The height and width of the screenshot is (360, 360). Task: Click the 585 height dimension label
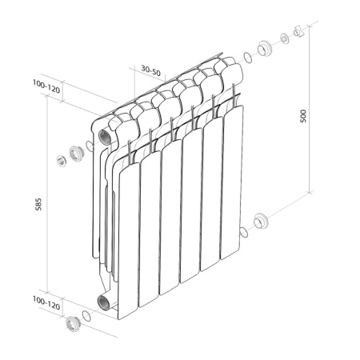[38, 204]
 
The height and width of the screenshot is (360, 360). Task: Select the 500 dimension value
[302, 114]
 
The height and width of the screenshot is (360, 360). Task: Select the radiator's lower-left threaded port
[104, 302]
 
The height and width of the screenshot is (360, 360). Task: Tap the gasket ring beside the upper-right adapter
[248, 56]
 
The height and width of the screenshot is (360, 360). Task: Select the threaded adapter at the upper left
[76, 152]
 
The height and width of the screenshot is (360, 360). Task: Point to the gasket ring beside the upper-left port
[90, 146]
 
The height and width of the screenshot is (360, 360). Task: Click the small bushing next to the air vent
[285, 38]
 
